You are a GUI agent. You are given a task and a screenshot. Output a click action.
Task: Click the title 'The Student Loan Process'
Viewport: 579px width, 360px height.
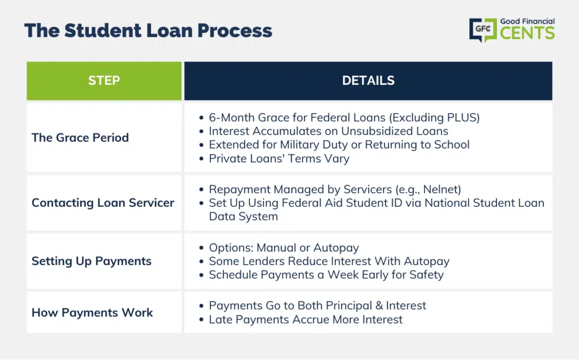[x=148, y=31]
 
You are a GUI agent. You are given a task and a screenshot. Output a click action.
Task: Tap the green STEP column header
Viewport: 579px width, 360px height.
[x=104, y=81]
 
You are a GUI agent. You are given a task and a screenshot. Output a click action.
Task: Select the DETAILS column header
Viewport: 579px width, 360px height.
[x=368, y=81]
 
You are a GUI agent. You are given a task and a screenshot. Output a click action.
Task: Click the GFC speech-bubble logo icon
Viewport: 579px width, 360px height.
[x=483, y=29]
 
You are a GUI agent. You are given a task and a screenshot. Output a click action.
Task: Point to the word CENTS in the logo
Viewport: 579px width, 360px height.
[x=528, y=33]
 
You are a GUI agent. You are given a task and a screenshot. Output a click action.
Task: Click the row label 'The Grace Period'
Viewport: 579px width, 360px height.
[x=80, y=138]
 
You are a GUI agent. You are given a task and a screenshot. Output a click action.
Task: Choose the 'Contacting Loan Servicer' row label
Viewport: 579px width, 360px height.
[x=103, y=203]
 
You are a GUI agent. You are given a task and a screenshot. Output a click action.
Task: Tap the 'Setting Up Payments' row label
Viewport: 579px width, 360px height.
[x=92, y=262]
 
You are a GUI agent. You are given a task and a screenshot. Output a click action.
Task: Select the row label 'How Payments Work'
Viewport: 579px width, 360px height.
[x=92, y=313]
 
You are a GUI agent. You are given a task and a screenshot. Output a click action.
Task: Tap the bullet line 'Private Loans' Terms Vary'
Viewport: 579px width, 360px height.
[x=279, y=159]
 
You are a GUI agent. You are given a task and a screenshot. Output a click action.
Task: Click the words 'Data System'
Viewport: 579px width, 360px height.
[x=243, y=216]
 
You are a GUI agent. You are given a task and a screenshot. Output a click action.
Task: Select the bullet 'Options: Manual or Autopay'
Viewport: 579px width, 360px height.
[x=284, y=248]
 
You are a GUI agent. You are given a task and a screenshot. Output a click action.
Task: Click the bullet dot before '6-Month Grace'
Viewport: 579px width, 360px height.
[x=201, y=118]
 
